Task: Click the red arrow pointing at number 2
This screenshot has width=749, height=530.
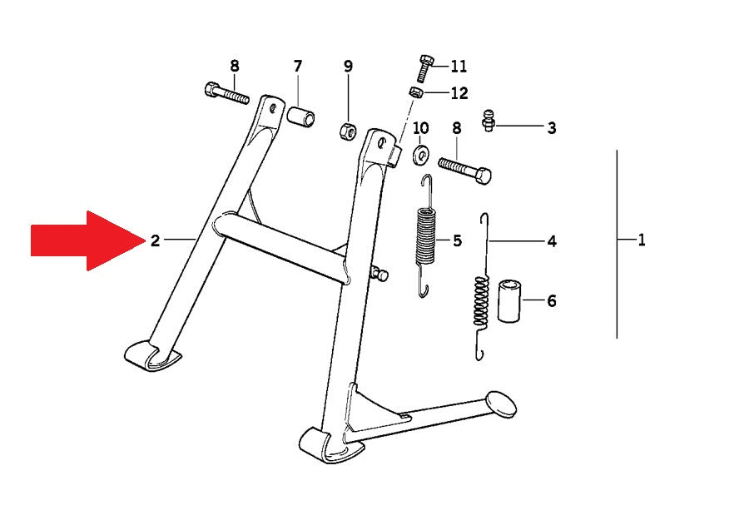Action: click(x=88, y=240)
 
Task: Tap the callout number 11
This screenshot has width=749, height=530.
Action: click(x=459, y=66)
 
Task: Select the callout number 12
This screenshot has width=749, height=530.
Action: click(x=459, y=93)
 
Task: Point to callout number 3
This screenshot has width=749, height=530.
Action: click(x=552, y=128)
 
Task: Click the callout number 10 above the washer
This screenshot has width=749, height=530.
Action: click(x=421, y=128)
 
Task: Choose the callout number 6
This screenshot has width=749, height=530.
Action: click(x=552, y=301)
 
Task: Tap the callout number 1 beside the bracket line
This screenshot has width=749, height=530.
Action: click(x=642, y=240)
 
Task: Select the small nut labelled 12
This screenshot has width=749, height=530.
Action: click(x=416, y=92)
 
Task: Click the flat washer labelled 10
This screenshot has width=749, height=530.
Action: click(x=421, y=155)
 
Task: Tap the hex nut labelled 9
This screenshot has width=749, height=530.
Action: click(x=347, y=131)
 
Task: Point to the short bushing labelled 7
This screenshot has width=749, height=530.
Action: click(x=301, y=116)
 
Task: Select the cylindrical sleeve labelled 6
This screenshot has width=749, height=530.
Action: click(x=509, y=302)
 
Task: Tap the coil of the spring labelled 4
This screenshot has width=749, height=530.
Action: click(x=482, y=302)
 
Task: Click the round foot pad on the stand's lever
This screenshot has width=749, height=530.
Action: click(x=501, y=404)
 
